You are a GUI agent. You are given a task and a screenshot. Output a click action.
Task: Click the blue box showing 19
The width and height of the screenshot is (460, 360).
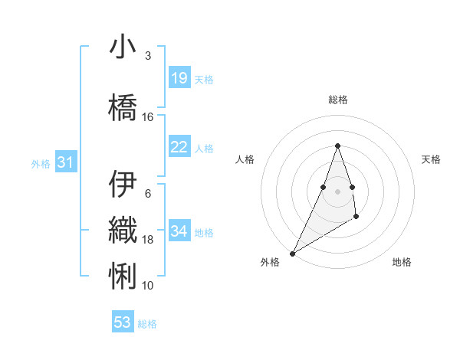pyautogui.click(x=179, y=78)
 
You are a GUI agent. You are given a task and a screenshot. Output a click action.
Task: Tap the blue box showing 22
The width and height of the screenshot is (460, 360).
pyautogui.click(x=179, y=147)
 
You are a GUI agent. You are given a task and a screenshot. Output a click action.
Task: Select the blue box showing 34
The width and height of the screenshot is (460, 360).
pyautogui.click(x=179, y=231)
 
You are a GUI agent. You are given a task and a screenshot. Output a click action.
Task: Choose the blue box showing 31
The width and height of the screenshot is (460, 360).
pyautogui.click(x=65, y=162)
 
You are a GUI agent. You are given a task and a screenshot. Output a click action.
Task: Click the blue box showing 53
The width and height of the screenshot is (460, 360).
pyautogui.click(x=123, y=322)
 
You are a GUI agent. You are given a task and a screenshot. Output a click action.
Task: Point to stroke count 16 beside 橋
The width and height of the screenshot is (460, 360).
pyautogui.click(x=148, y=117)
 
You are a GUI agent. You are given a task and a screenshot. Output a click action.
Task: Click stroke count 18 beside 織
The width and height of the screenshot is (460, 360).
pyautogui.click(x=148, y=240)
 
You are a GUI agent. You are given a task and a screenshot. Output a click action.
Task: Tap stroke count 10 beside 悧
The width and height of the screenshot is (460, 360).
pyautogui.click(x=148, y=286)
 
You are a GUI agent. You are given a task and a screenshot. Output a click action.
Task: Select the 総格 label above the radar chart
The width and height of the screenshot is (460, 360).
pyautogui.click(x=337, y=100)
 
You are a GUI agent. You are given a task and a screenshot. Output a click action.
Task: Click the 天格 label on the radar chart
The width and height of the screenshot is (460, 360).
pyautogui.click(x=431, y=159)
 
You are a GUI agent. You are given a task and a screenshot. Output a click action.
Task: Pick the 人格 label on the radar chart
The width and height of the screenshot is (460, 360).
pyautogui.click(x=245, y=159)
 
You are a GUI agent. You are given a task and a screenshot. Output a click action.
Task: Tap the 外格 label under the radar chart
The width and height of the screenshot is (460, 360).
pyautogui.click(x=270, y=263)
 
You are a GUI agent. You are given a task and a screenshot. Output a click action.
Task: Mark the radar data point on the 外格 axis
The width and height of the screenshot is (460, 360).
pyautogui.click(x=292, y=253)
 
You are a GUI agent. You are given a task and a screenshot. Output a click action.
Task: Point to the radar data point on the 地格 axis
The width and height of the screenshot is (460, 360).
pyautogui.click(x=356, y=218)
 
